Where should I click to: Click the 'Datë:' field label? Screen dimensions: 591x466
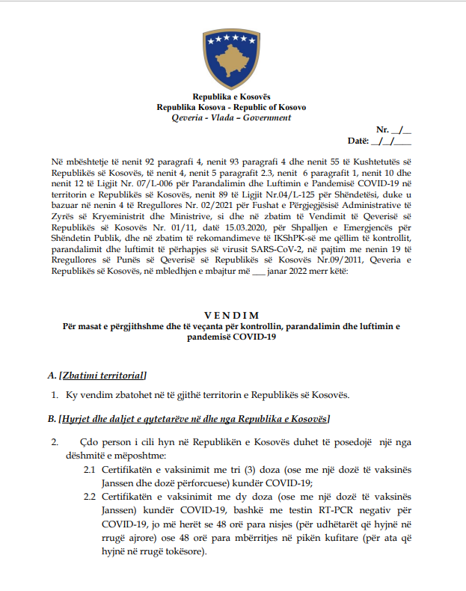359,141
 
